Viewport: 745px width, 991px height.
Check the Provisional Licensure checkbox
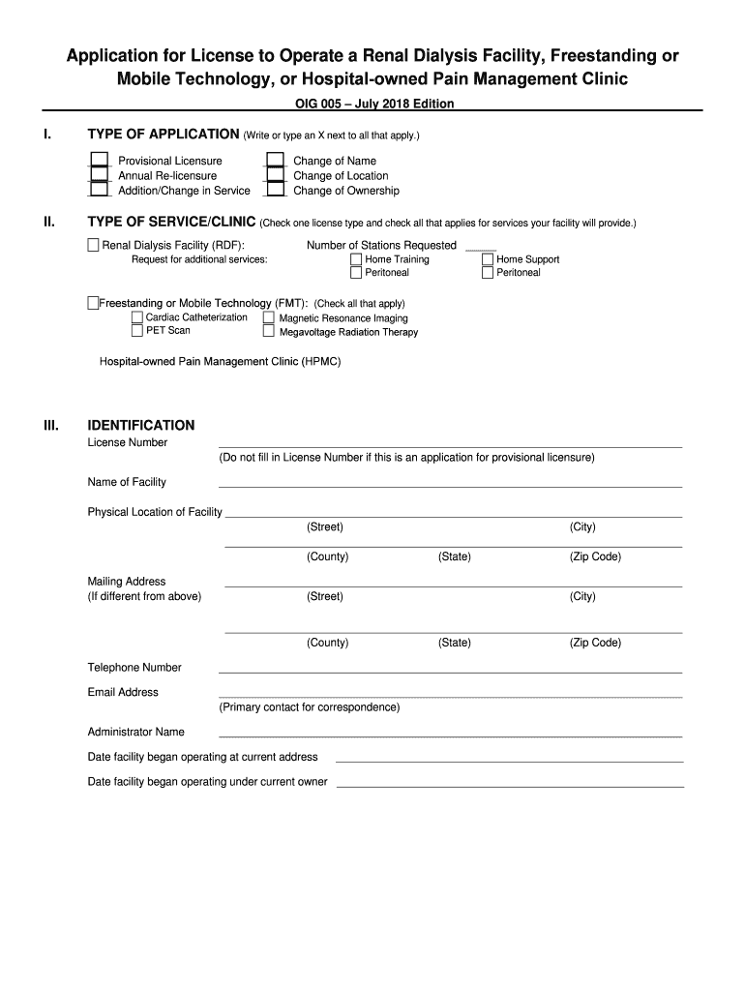[x=99, y=161]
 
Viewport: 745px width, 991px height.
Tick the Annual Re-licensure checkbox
[x=99, y=175]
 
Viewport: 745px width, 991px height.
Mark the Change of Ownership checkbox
[x=276, y=190]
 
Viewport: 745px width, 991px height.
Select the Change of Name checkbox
[x=276, y=161]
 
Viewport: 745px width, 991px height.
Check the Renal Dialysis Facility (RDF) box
[x=94, y=245]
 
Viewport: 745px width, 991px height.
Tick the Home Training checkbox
[x=356, y=259]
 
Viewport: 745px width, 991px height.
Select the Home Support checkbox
[x=487, y=259]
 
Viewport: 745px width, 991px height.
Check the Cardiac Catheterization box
[x=136, y=317]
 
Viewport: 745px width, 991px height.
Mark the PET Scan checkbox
[x=136, y=331]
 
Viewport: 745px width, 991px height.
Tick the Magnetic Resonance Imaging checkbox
[x=268, y=317]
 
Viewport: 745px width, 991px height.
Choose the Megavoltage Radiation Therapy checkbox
[x=268, y=332]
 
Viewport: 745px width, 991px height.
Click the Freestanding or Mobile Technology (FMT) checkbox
[x=93, y=303]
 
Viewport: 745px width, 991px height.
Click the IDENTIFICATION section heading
[x=141, y=425]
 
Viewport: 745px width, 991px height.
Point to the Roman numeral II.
[x=49, y=223]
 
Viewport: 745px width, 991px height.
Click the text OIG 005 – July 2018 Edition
[x=373, y=104]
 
